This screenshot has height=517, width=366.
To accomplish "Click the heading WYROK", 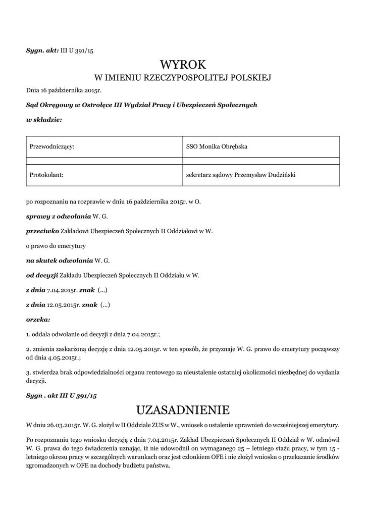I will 183,65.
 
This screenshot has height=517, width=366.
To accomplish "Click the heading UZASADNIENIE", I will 183,408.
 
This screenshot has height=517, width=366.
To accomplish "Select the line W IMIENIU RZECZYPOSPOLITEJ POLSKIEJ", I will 183,78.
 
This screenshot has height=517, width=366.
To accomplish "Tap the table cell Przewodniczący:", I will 103,146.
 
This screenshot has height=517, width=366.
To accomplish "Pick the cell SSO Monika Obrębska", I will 260,146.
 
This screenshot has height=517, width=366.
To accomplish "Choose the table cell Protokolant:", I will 103,175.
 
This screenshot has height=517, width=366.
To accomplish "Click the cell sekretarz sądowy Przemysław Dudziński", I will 260,175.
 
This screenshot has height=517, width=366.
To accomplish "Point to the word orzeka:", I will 38,320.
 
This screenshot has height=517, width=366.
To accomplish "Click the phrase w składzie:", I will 44,120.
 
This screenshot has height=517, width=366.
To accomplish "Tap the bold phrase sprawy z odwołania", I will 59,217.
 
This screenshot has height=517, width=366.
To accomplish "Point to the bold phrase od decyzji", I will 42,276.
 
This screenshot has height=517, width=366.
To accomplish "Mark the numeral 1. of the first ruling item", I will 28,334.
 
